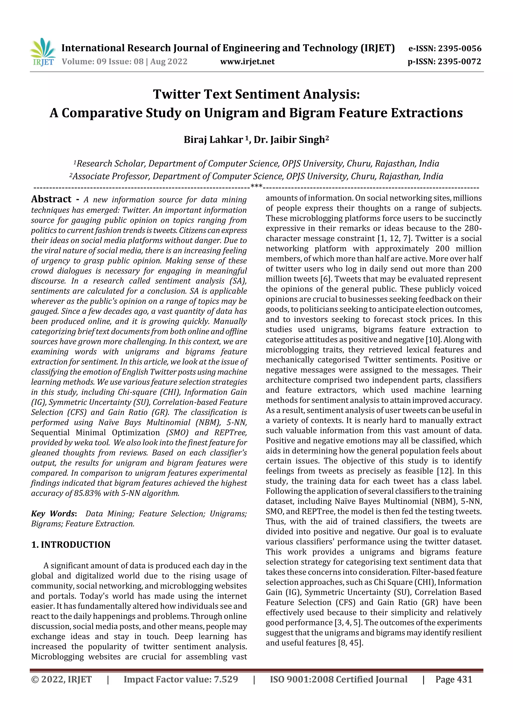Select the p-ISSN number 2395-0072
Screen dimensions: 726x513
point(459,62)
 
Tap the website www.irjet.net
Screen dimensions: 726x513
point(247,62)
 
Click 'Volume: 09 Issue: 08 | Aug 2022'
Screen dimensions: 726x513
point(124,62)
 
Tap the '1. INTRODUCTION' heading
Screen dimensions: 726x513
point(71,545)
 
